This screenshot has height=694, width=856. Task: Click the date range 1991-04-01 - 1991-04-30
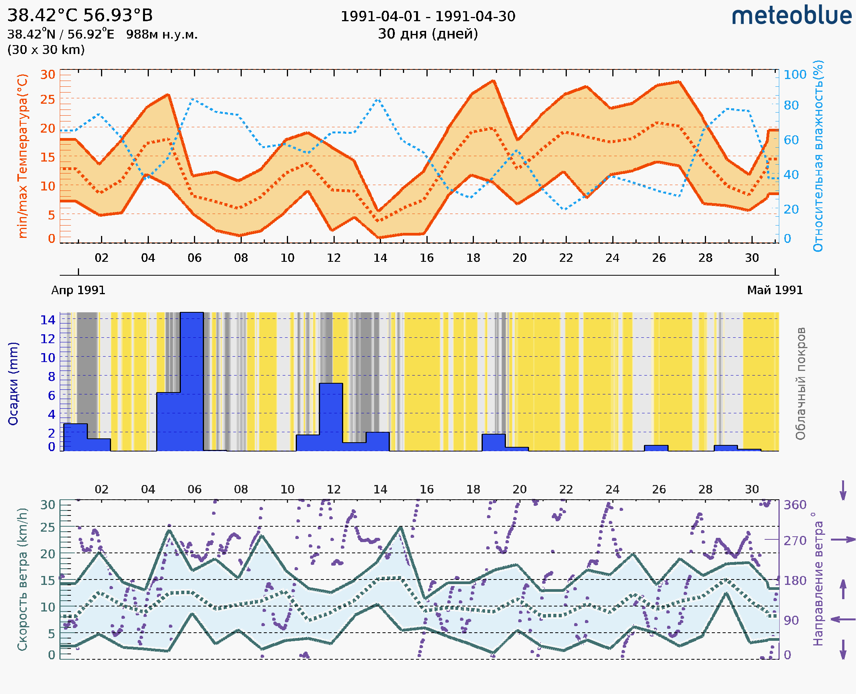[428, 17]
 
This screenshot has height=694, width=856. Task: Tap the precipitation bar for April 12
[331, 416]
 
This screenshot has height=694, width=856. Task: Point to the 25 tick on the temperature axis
[47, 99]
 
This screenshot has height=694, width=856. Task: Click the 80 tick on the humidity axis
[791, 106]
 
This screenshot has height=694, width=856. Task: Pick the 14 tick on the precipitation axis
[47, 320]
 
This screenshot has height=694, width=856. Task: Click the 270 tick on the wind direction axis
[795, 541]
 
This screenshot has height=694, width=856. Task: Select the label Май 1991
[774, 290]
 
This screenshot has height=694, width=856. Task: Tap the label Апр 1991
[78, 290]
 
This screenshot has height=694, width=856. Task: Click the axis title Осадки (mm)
[13, 383]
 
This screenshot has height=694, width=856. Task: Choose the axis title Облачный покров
[800, 383]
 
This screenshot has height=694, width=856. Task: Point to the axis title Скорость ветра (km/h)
[22, 579]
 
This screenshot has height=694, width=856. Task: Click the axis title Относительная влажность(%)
[818, 156]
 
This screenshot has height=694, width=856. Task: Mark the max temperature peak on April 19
[494, 81]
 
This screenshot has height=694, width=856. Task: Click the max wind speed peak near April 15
[401, 528]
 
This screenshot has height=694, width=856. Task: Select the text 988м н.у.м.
[162, 35]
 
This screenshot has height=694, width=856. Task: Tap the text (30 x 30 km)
[46, 50]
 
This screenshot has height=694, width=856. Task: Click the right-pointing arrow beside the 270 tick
[843, 540]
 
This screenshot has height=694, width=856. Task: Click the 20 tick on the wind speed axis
[47, 554]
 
